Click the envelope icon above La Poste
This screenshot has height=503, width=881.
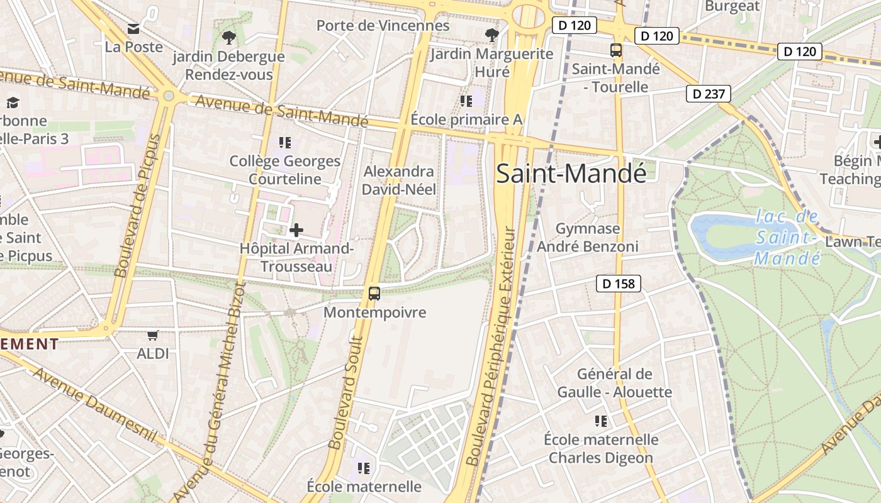(x=133, y=29)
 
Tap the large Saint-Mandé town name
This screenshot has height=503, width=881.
(x=571, y=174)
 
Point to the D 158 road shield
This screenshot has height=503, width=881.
(x=619, y=284)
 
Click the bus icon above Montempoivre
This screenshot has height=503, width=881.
(x=374, y=293)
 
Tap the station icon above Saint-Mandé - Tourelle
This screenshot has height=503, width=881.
(x=616, y=51)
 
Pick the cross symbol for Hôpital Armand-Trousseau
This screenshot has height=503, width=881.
(x=296, y=230)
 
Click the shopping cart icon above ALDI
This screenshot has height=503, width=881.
(x=152, y=335)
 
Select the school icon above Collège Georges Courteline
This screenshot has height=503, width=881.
(x=285, y=143)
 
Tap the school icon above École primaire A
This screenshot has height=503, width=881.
(x=466, y=101)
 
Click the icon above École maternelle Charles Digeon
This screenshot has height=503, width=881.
(x=601, y=421)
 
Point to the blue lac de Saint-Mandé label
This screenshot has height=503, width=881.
(x=788, y=238)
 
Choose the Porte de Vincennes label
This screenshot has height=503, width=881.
(x=383, y=26)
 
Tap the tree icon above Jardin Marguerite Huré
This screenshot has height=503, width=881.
(x=491, y=35)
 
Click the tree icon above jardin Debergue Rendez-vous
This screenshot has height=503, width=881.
(x=228, y=38)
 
